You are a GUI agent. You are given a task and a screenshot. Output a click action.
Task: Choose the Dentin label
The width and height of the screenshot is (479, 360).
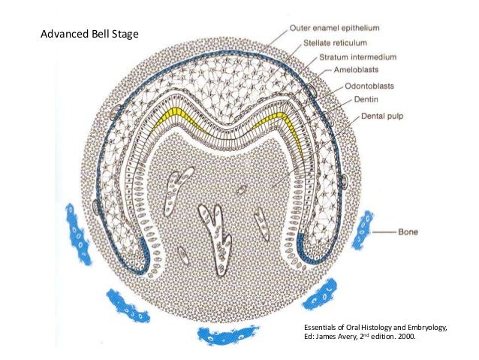(365, 99)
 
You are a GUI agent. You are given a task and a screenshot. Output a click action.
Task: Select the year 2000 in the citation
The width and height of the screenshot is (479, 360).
(404, 338)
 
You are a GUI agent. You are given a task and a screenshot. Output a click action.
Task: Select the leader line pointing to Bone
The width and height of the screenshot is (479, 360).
(384, 233)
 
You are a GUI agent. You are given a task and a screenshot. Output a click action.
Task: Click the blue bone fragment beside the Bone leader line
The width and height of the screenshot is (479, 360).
(363, 229)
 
